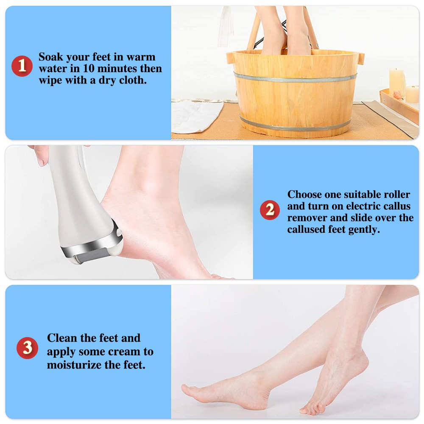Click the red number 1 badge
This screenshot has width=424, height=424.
point(22,66)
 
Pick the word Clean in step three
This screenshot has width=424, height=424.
point(61,338)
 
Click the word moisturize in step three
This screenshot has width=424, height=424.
point(73,365)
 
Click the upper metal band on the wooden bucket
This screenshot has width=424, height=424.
point(295,78)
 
